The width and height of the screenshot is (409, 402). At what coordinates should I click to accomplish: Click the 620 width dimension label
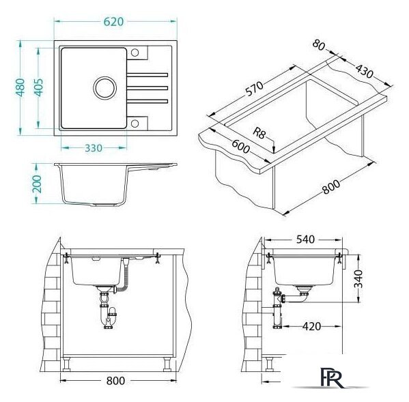[113, 22]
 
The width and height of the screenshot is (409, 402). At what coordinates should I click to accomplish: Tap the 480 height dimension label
[20, 87]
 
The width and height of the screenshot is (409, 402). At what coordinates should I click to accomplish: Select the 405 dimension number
[39, 87]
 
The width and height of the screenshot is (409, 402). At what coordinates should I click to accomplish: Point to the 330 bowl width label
[94, 148]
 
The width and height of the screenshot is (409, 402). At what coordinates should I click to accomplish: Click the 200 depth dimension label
[37, 184]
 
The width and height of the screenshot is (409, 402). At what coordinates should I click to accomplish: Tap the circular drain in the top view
[105, 88]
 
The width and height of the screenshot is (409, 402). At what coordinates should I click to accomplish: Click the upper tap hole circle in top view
[135, 53]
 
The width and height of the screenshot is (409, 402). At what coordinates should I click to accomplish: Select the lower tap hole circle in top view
[135, 124]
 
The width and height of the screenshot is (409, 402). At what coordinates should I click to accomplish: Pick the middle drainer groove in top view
[147, 88]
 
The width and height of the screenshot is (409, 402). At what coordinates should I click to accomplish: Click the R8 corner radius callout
[259, 134]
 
